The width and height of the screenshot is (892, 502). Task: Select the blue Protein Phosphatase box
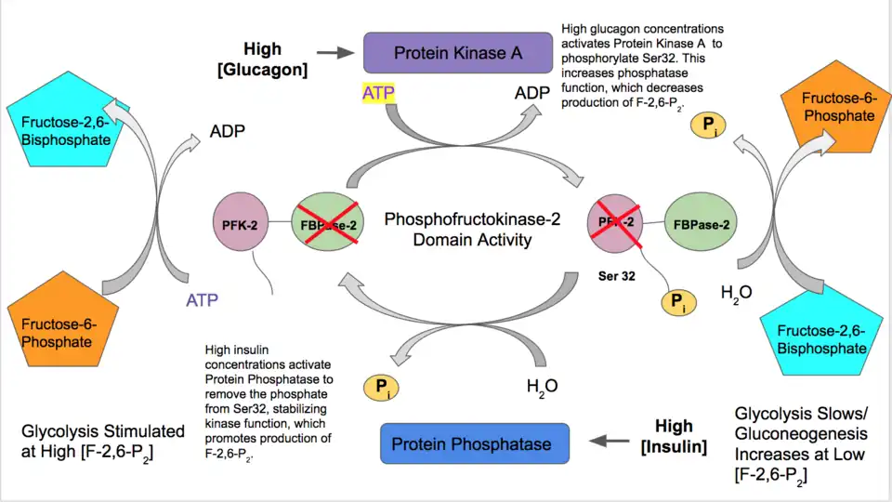tap(471, 443)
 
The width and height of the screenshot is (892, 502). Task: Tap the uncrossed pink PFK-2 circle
tap(242, 222)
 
